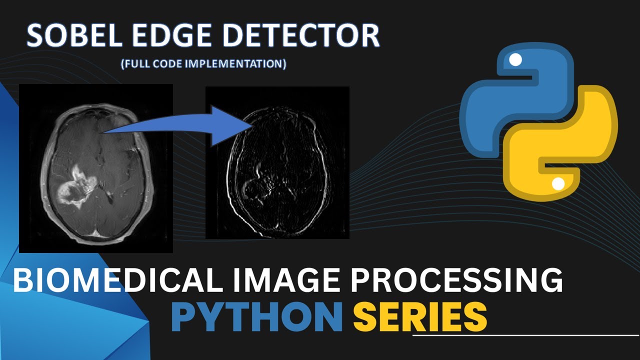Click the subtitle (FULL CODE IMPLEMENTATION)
click(203, 64)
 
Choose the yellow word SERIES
click(420, 316)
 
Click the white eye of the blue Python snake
click(515, 60)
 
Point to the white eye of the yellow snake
click(558, 184)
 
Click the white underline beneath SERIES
click(525, 335)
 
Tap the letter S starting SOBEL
click(36, 36)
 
